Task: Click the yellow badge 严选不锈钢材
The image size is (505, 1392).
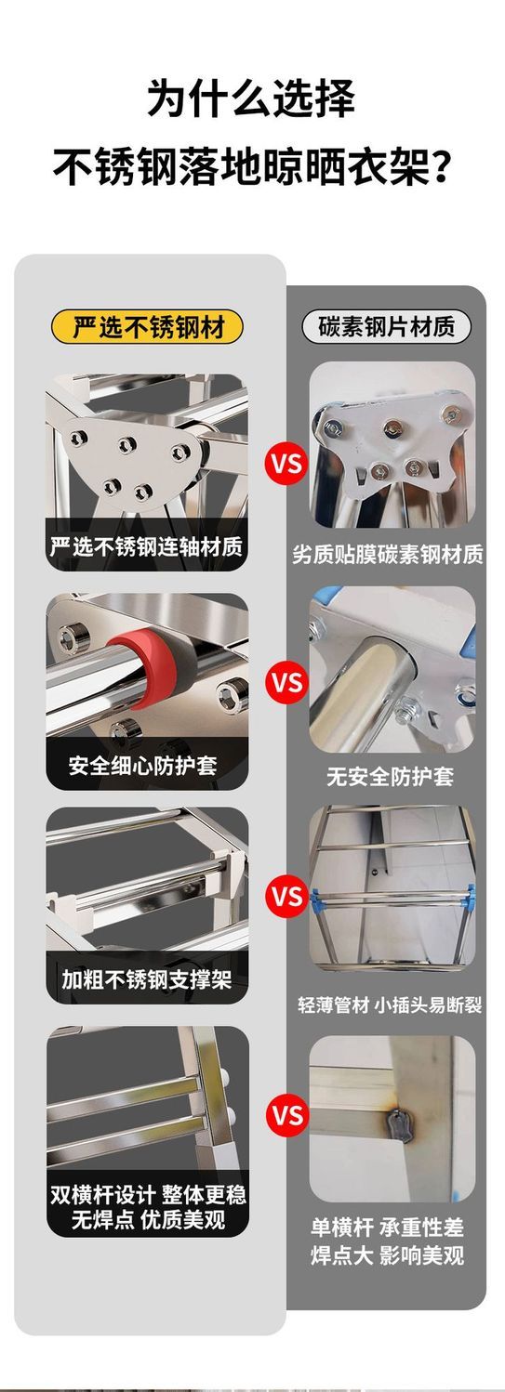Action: [147, 327]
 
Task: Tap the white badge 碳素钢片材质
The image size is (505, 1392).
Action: [386, 327]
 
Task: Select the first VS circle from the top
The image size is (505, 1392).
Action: [286, 464]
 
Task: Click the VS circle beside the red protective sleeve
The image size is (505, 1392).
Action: [286, 682]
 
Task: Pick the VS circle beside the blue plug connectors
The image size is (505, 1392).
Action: [286, 896]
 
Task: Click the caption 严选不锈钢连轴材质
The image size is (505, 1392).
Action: [147, 546]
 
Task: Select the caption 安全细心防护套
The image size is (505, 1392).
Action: [143, 766]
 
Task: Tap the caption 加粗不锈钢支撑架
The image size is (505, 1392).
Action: [147, 979]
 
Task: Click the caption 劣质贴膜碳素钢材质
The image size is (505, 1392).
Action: [388, 554]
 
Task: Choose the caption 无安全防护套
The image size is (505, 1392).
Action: [391, 776]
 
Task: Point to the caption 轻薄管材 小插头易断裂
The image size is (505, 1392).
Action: [390, 1005]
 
